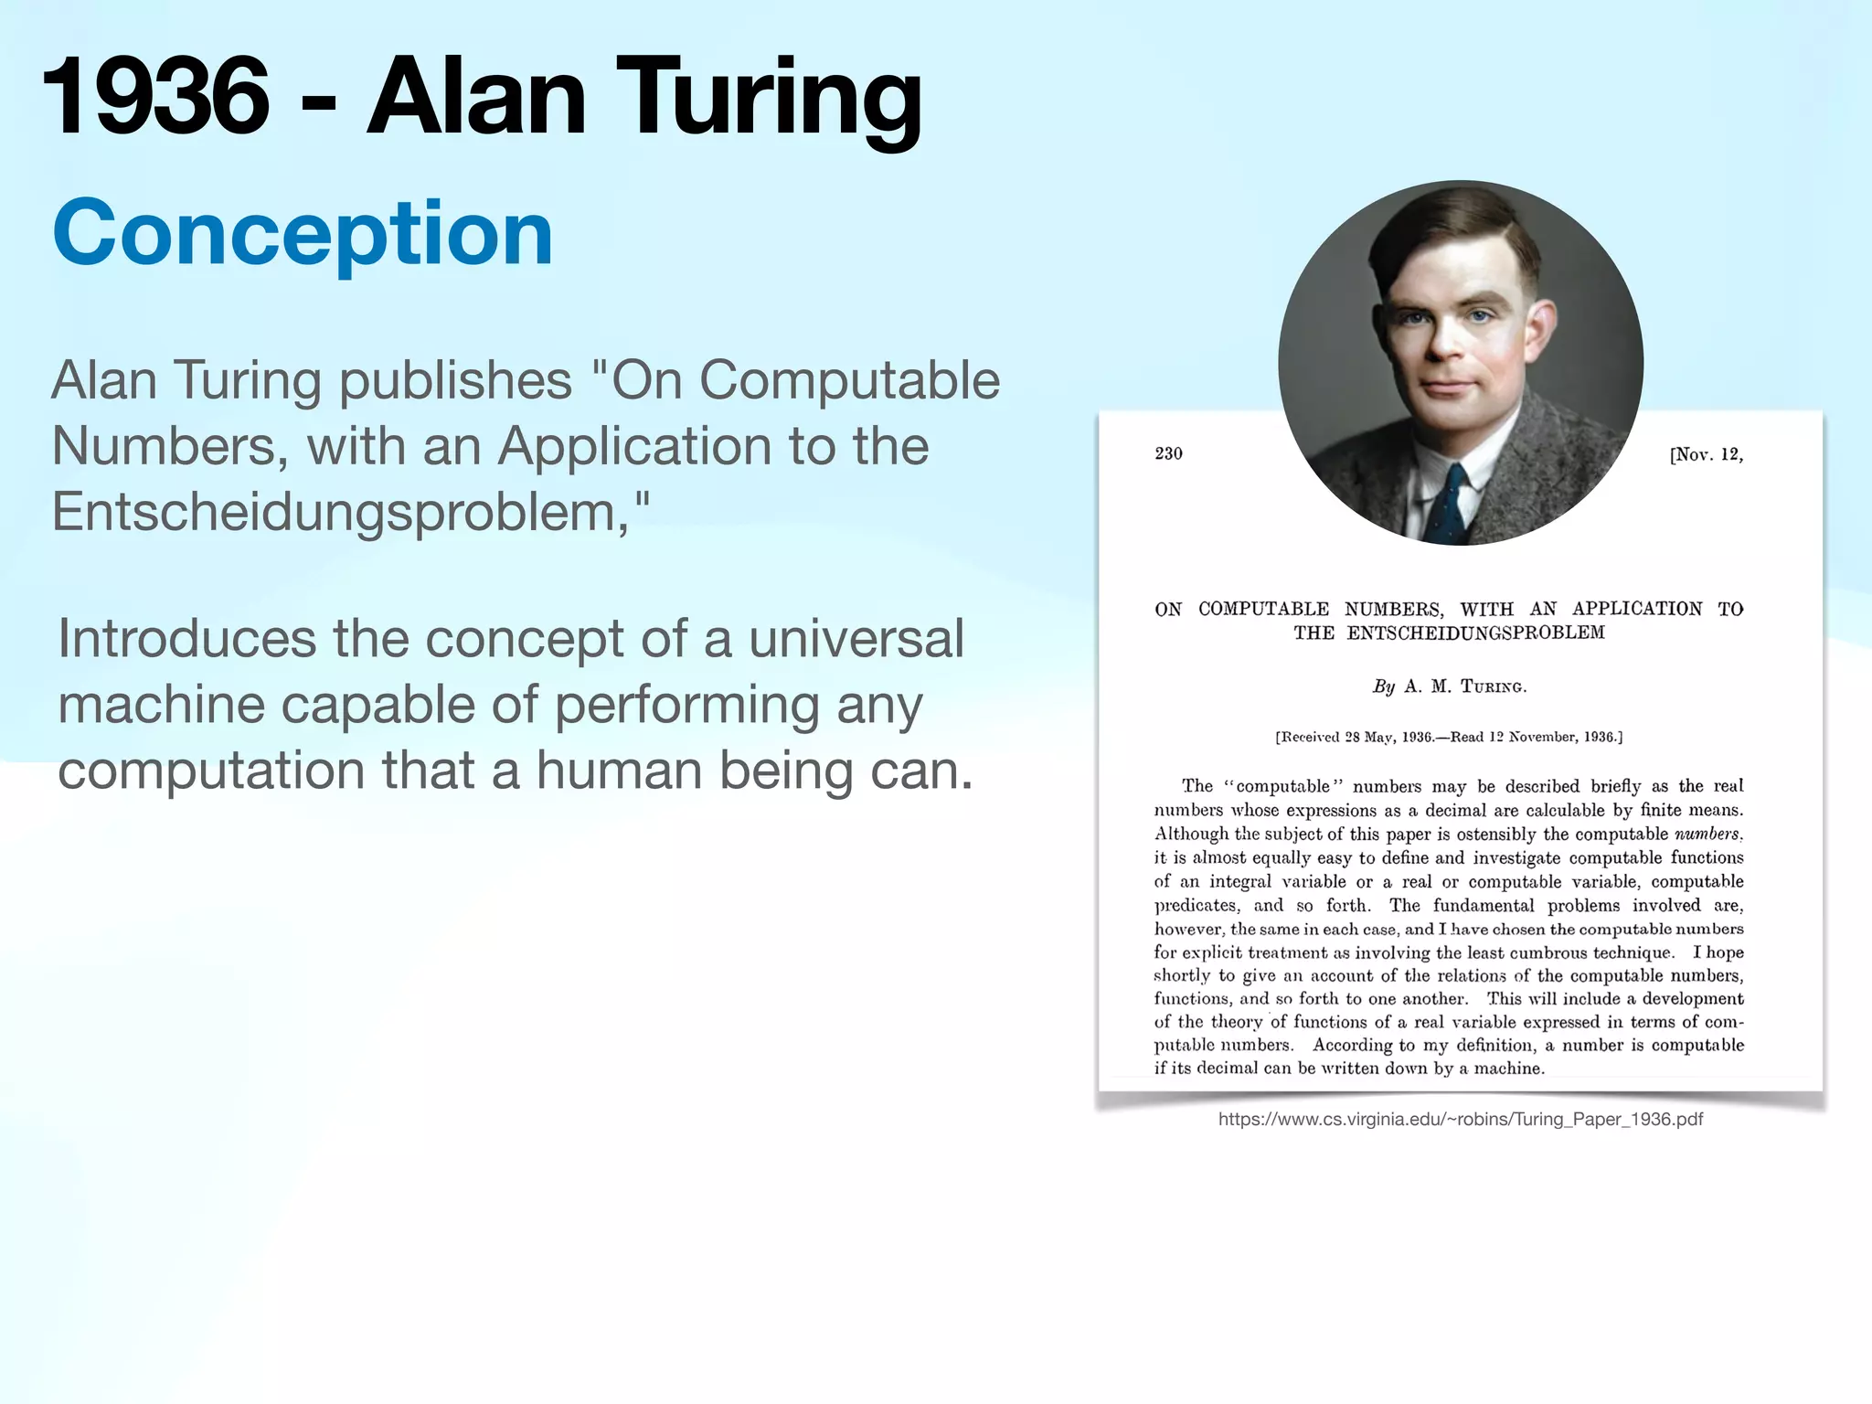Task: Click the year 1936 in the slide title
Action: click(x=155, y=96)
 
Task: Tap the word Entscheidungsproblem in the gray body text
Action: click(x=334, y=512)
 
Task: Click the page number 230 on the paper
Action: click(x=1168, y=453)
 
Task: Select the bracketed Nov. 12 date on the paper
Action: click(x=1706, y=454)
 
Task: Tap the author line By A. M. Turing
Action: click(x=1449, y=686)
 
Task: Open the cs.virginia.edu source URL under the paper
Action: click(x=1460, y=1119)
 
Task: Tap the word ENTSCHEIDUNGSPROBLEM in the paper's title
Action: click(x=1474, y=633)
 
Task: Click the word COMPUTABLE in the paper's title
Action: click(x=1263, y=609)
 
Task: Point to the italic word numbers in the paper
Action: click(x=1707, y=834)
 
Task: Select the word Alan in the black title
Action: click(x=475, y=96)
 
